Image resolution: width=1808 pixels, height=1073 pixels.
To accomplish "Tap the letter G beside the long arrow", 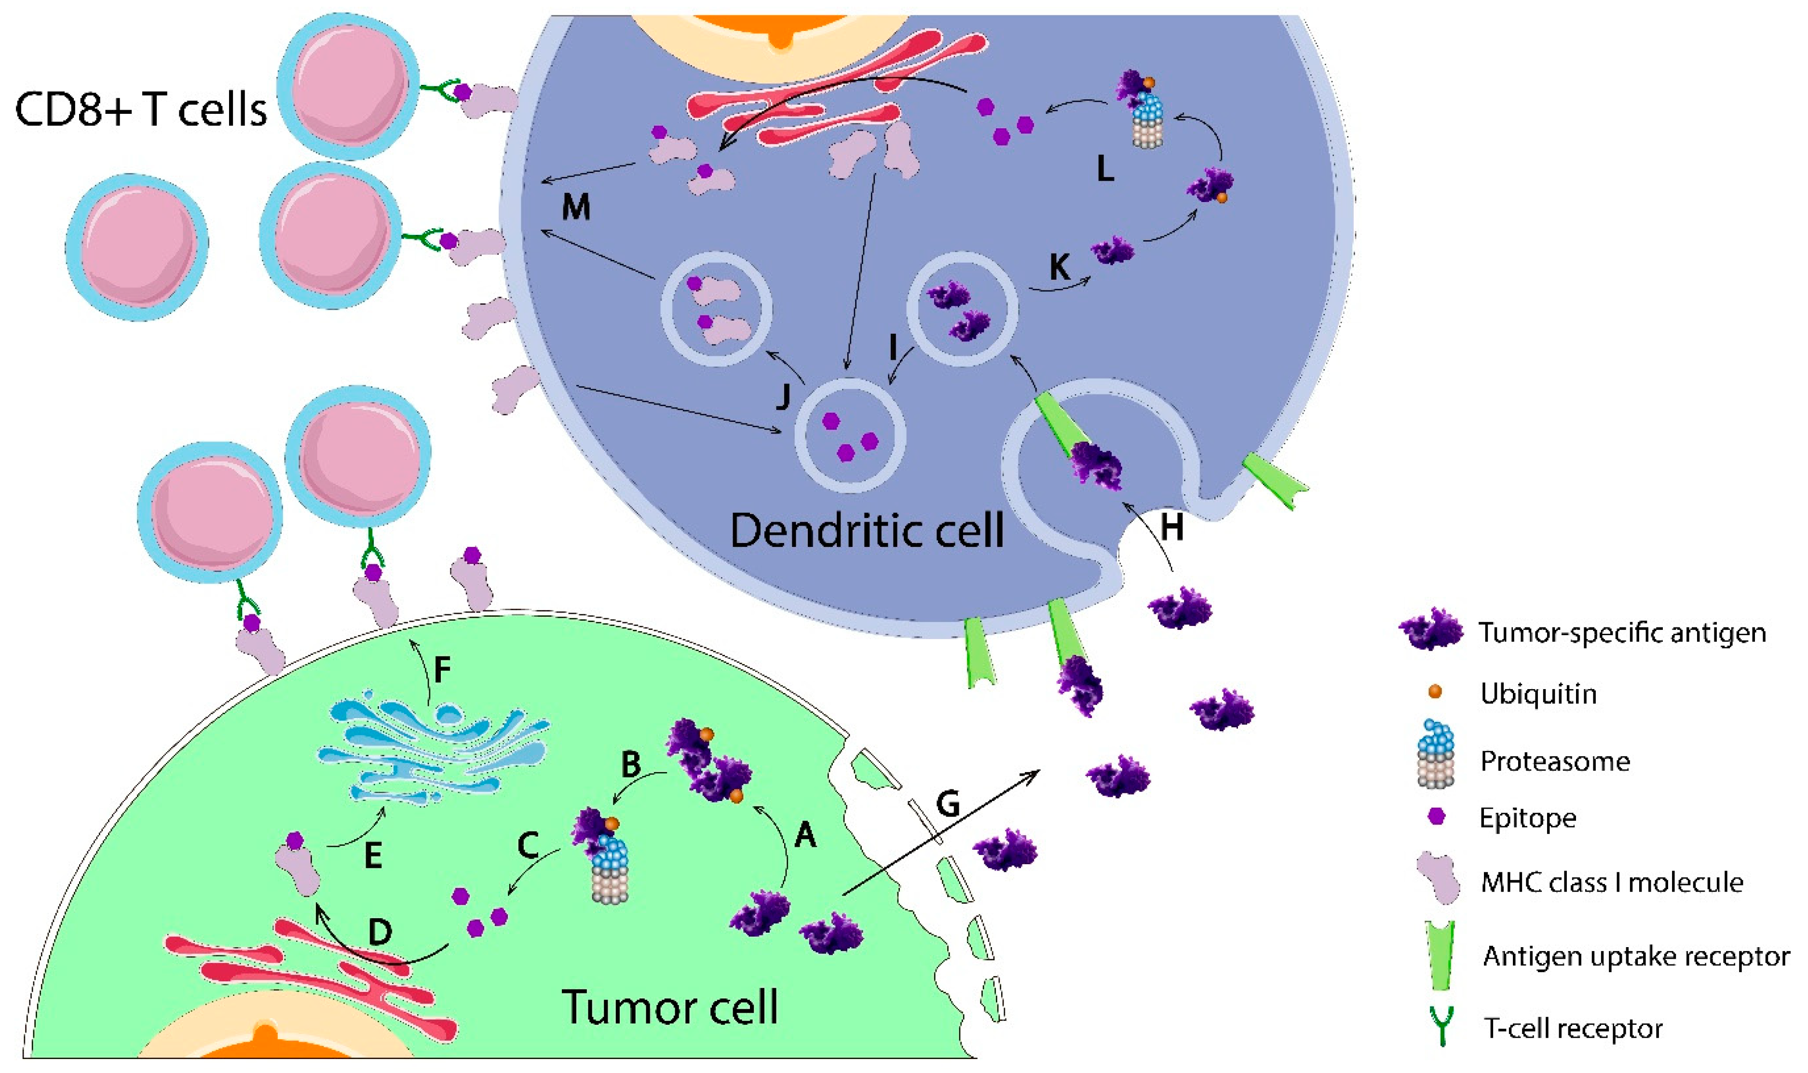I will (948, 804).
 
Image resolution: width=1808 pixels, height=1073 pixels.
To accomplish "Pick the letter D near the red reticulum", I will (380, 933).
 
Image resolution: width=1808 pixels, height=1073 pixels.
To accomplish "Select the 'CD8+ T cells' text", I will (141, 110).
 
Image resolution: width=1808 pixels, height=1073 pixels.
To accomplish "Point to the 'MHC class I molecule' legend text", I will (1611, 882).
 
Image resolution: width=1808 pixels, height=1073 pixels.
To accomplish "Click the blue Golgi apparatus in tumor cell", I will (434, 752).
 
